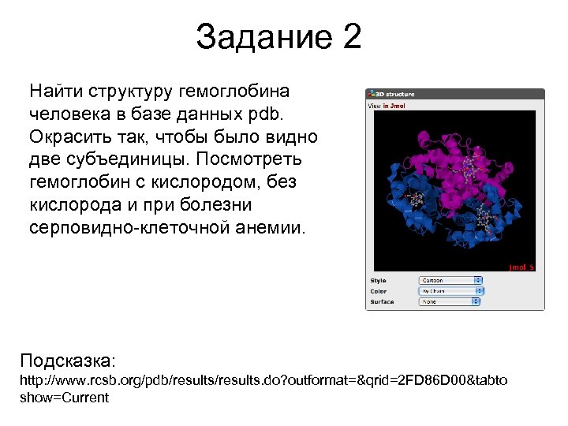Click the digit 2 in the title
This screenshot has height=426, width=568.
pyautogui.click(x=351, y=37)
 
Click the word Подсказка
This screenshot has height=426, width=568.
pyautogui.click(x=68, y=361)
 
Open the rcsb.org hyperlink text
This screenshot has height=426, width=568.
pyautogui.click(x=263, y=381)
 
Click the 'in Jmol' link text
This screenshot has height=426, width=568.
pyautogui.click(x=394, y=105)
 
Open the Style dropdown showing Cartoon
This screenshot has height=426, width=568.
pyautogui.click(x=450, y=280)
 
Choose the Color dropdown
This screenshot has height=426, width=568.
pyautogui.click(x=450, y=291)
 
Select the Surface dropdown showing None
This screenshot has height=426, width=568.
pyautogui.click(x=450, y=301)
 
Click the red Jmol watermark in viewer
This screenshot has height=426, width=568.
pyautogui.click(x=521, y=267)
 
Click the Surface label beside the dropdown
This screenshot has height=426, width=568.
pyautogui.click(x=383, y=301)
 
